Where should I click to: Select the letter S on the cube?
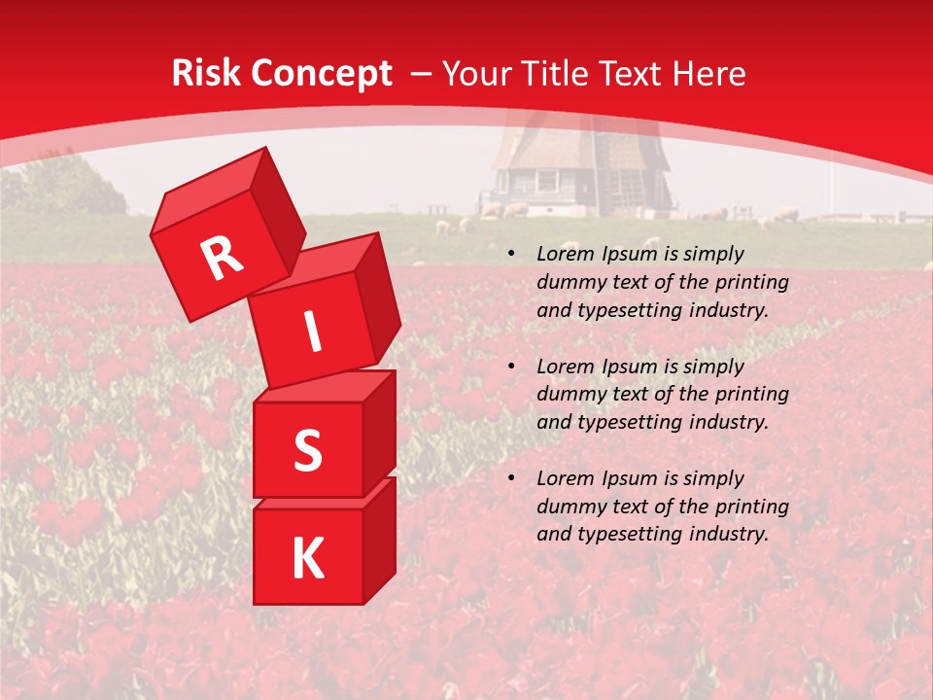(x=307, y=450)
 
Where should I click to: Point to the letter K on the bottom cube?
(x=307, y=558)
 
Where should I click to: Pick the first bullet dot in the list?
(x=511, y=255)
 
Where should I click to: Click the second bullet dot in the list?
(x=511, y=367)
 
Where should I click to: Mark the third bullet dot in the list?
(x=511, y=479)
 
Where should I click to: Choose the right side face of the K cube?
(x=379, y=540)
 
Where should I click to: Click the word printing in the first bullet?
(x=754, y=283)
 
